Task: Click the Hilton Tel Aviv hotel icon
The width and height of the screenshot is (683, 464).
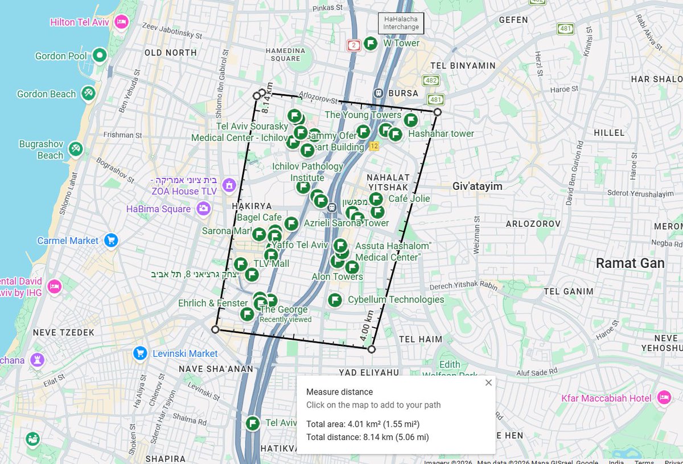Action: tap(121, 22)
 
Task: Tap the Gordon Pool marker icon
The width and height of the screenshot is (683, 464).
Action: tap(100, 56)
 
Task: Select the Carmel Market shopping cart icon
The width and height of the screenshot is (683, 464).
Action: tap(111, 241)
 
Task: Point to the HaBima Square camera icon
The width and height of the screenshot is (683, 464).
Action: tap(203, 209)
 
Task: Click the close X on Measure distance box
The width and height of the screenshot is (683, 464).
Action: tap(488, 382)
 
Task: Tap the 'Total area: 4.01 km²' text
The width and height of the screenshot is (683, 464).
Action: tap(363, 424)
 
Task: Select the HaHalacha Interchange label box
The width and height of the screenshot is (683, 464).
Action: tap(401, 23)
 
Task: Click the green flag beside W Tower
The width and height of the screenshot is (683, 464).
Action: tap(371, 43)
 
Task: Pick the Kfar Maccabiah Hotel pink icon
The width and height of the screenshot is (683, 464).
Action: tap(663, 398)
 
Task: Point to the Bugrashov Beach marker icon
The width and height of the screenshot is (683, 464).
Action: tap(76, 149)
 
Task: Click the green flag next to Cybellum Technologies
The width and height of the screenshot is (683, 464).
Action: tap(335, 300)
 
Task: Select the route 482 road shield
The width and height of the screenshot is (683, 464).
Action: tap(431, 81)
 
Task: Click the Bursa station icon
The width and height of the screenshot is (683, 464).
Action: tap(378, 93)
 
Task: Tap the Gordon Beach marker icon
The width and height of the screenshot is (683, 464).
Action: tap(88, 93)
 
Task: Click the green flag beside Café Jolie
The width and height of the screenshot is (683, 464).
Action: tap(376, 199)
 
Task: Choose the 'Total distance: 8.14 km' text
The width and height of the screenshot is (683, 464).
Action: tap(367, 437)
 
